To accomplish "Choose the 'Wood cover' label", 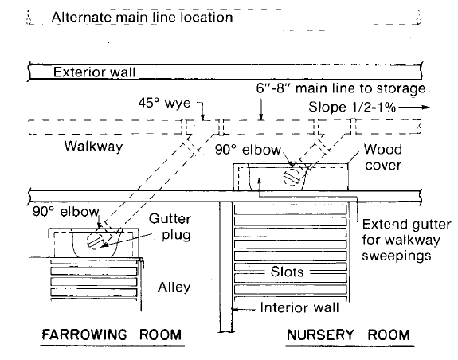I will click(381, 157).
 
